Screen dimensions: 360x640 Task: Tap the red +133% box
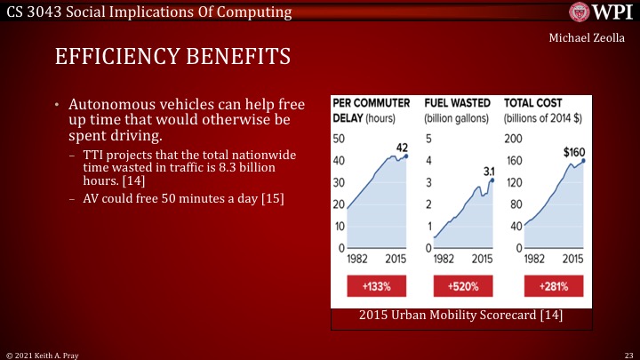coord(371,286)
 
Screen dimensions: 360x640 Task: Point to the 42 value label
coord(401,147)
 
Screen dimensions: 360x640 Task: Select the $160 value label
coord(574,152)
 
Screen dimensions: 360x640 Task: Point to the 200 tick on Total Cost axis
coord(513,139)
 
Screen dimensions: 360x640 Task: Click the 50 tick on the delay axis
coord(339,139)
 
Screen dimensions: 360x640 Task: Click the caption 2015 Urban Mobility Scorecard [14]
coord(460,315)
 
